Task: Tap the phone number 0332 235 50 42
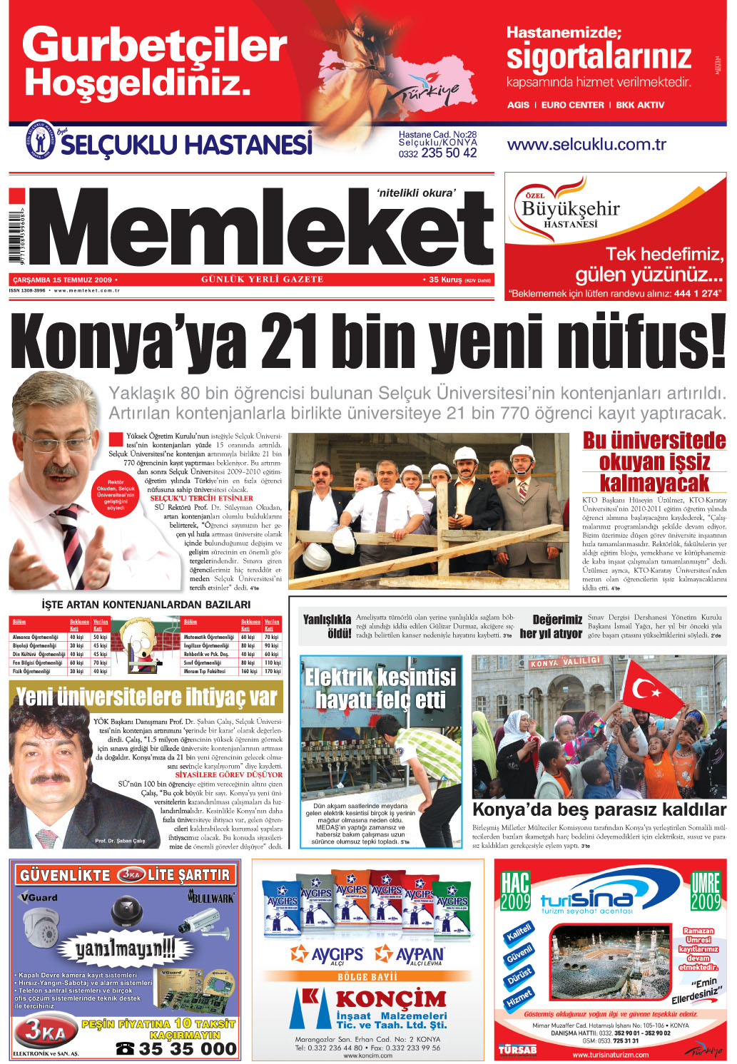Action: tap(437, 153)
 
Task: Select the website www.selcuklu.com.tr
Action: tap(586, 145)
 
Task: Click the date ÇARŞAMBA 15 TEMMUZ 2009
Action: tap(62, 280)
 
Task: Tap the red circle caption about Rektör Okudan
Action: tap(116, 495)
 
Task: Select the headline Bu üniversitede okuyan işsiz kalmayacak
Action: tap(654, 461)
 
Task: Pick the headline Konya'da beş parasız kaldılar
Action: tap(599, 809)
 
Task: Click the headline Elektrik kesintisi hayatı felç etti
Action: tap(380, 688)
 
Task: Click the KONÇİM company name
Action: tap(390, 998)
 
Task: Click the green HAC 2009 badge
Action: tap(515, 891)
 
